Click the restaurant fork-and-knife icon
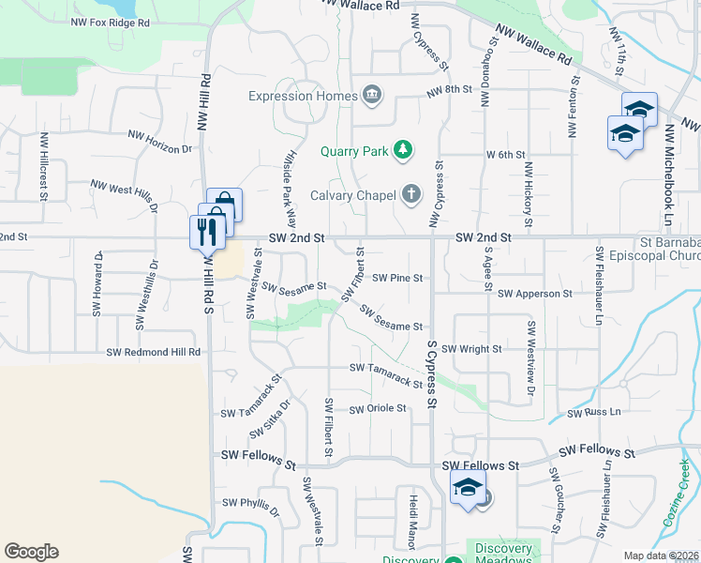click(x=202, y=231)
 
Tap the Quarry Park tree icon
click(x=402, y=150)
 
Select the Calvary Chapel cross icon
click(x=410, y=195)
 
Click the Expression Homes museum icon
click(x=372, y=96)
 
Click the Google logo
click(x=30, y=552)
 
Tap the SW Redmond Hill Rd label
click(x=154, y=352)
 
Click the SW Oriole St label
click(x=378, y=409)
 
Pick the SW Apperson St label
click(x=535, y=294)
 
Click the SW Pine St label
click(x=398, y=278)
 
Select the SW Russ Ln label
click(x=594, y=412)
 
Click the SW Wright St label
click(x=471, y=348)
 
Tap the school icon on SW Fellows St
click(x=468, y=489)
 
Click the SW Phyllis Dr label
click(x=246, y=507)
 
